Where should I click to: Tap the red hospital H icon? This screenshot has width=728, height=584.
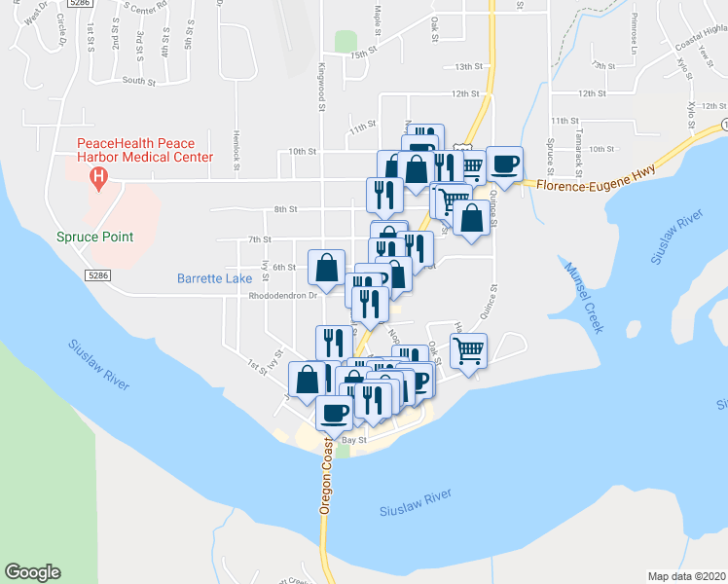coord(97,177)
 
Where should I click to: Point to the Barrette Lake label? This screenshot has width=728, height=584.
coord(214,278)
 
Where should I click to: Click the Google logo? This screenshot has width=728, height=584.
coord(32,572)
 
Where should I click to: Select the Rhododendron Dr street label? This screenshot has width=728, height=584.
coord(284,295)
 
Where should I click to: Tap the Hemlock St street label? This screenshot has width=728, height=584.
coord(236,151)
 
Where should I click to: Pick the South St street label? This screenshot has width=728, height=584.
coord(139,81)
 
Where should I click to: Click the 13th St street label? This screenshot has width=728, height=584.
coord(469,66)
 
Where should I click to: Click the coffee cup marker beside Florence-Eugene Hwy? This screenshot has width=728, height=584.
coord(503,163)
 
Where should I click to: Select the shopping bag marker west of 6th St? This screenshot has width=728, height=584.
coord(327,266)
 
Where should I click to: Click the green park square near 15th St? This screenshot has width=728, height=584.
coord(345,41)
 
